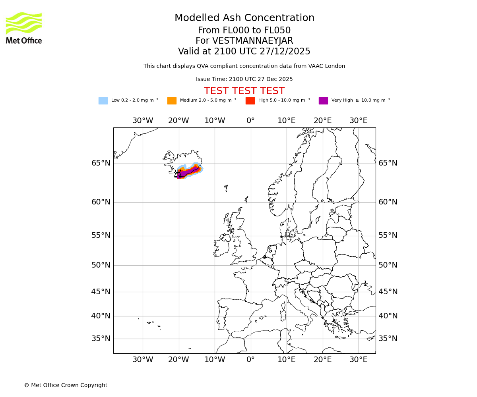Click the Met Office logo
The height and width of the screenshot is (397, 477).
pos(24,28)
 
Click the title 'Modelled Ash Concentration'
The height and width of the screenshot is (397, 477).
pos(244,18)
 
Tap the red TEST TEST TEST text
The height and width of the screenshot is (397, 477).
pos(244,91)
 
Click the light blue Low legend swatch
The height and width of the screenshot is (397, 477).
pos(103,101)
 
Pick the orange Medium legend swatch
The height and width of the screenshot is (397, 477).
pos(172,101)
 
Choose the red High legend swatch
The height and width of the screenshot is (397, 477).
pos(250,101)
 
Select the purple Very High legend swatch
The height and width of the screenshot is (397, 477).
pos(323,101)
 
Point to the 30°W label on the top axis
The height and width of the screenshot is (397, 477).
pos(143,121)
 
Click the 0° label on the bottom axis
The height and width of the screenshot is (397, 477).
pos(250,360)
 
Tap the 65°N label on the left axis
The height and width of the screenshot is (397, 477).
pos(101,163)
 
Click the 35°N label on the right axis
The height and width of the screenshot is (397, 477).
pos(388,339)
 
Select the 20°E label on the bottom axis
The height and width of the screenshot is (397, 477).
pos(322,360)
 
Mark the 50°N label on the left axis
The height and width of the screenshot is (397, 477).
pos(101,265)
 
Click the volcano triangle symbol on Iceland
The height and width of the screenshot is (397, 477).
pos(178,174)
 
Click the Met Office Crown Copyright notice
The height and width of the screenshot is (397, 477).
pos(66,385)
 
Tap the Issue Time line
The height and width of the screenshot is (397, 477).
pos(244,79)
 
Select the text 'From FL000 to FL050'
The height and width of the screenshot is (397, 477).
pos(244,31)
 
